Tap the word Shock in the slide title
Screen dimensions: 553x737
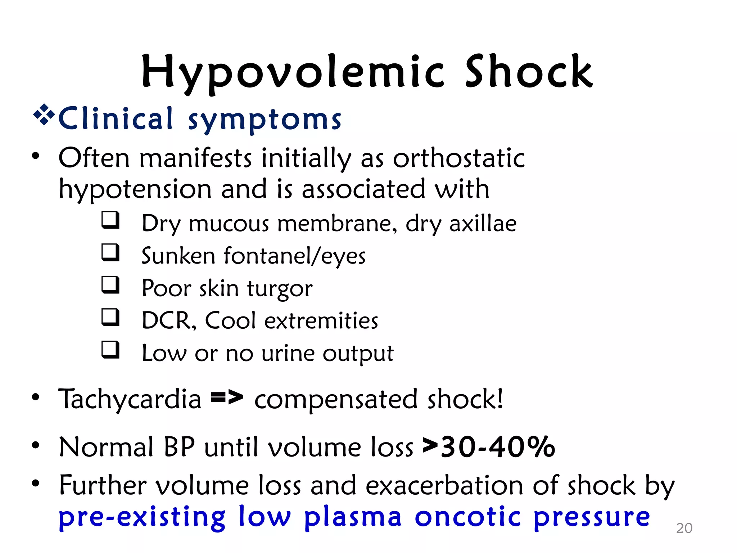point(529,72)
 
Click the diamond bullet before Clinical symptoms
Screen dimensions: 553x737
point(44,115)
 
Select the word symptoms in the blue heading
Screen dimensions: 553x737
point(265,120)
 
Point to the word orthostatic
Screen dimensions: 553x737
point(459,158)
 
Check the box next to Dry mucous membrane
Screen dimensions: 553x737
point(110,220)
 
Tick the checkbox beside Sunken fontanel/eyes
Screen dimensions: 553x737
point(110,252)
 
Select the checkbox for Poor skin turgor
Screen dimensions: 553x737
point(110,284)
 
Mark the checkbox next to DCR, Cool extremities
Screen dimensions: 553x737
point(110,317)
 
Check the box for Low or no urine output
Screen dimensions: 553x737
point(110,349)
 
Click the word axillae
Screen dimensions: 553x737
point(483,224)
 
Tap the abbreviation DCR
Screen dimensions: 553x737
point(169,320)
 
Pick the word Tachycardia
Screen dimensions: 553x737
point(130,400)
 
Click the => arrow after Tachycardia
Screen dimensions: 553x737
point(227,398)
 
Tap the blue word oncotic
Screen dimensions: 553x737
point(468,517)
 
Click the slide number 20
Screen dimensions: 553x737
point(684,528)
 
